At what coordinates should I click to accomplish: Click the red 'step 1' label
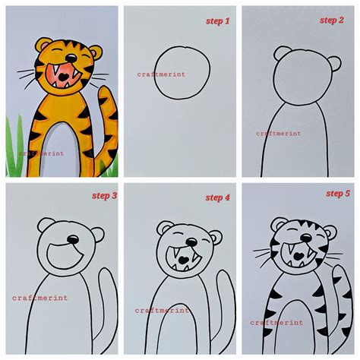218,21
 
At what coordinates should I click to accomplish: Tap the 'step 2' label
331,20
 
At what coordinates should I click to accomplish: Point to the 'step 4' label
217,197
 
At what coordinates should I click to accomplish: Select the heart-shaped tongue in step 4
184,261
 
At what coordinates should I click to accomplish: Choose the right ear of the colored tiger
94,53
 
